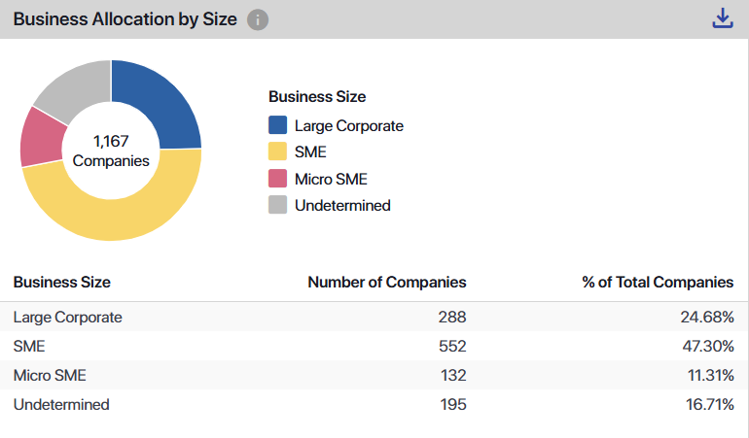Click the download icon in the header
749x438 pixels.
(722, 18)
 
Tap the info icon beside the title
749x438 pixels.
(258, 19)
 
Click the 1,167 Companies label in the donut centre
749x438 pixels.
(111, 151)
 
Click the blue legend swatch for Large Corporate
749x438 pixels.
(278, 125)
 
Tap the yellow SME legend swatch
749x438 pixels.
(278, 152)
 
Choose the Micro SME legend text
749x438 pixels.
(331, 179)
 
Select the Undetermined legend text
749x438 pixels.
(342, 205)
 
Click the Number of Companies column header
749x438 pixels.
(387, 282)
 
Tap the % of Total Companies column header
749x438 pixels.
(658, 282)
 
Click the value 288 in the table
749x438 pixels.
(452, 317)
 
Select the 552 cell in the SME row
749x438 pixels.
(452, 346)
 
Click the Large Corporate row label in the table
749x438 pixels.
(68, 317)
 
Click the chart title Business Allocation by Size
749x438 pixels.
(125, 19)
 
